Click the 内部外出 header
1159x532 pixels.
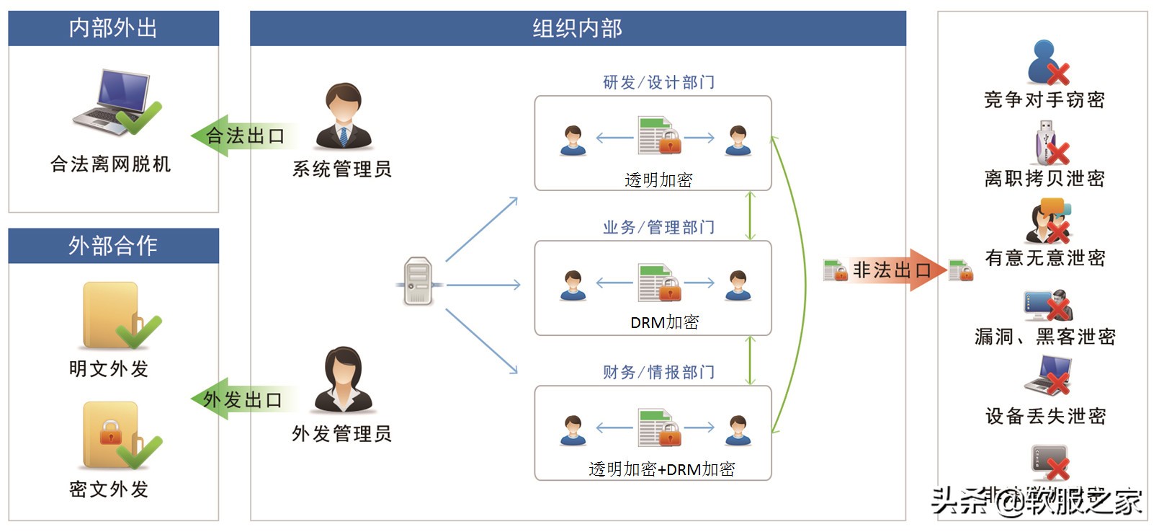tap(113, 28)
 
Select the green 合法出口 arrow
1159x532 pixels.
tap(241, 136)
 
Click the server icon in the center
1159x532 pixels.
tap(419, 281)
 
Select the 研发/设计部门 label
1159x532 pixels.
tap(658, 82)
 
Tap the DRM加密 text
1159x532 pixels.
tap(664, 322)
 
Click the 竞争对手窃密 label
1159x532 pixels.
tap(1044, 99)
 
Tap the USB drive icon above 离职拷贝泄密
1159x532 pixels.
tap(1046, 143)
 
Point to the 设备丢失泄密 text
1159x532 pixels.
tap(1045, 416)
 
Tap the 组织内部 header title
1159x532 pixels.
tap(577, 28)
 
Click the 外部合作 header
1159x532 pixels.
tap(113, 246)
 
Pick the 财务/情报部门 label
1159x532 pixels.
tap(658, 372)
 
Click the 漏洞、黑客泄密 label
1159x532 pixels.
tap(1044, 337)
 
